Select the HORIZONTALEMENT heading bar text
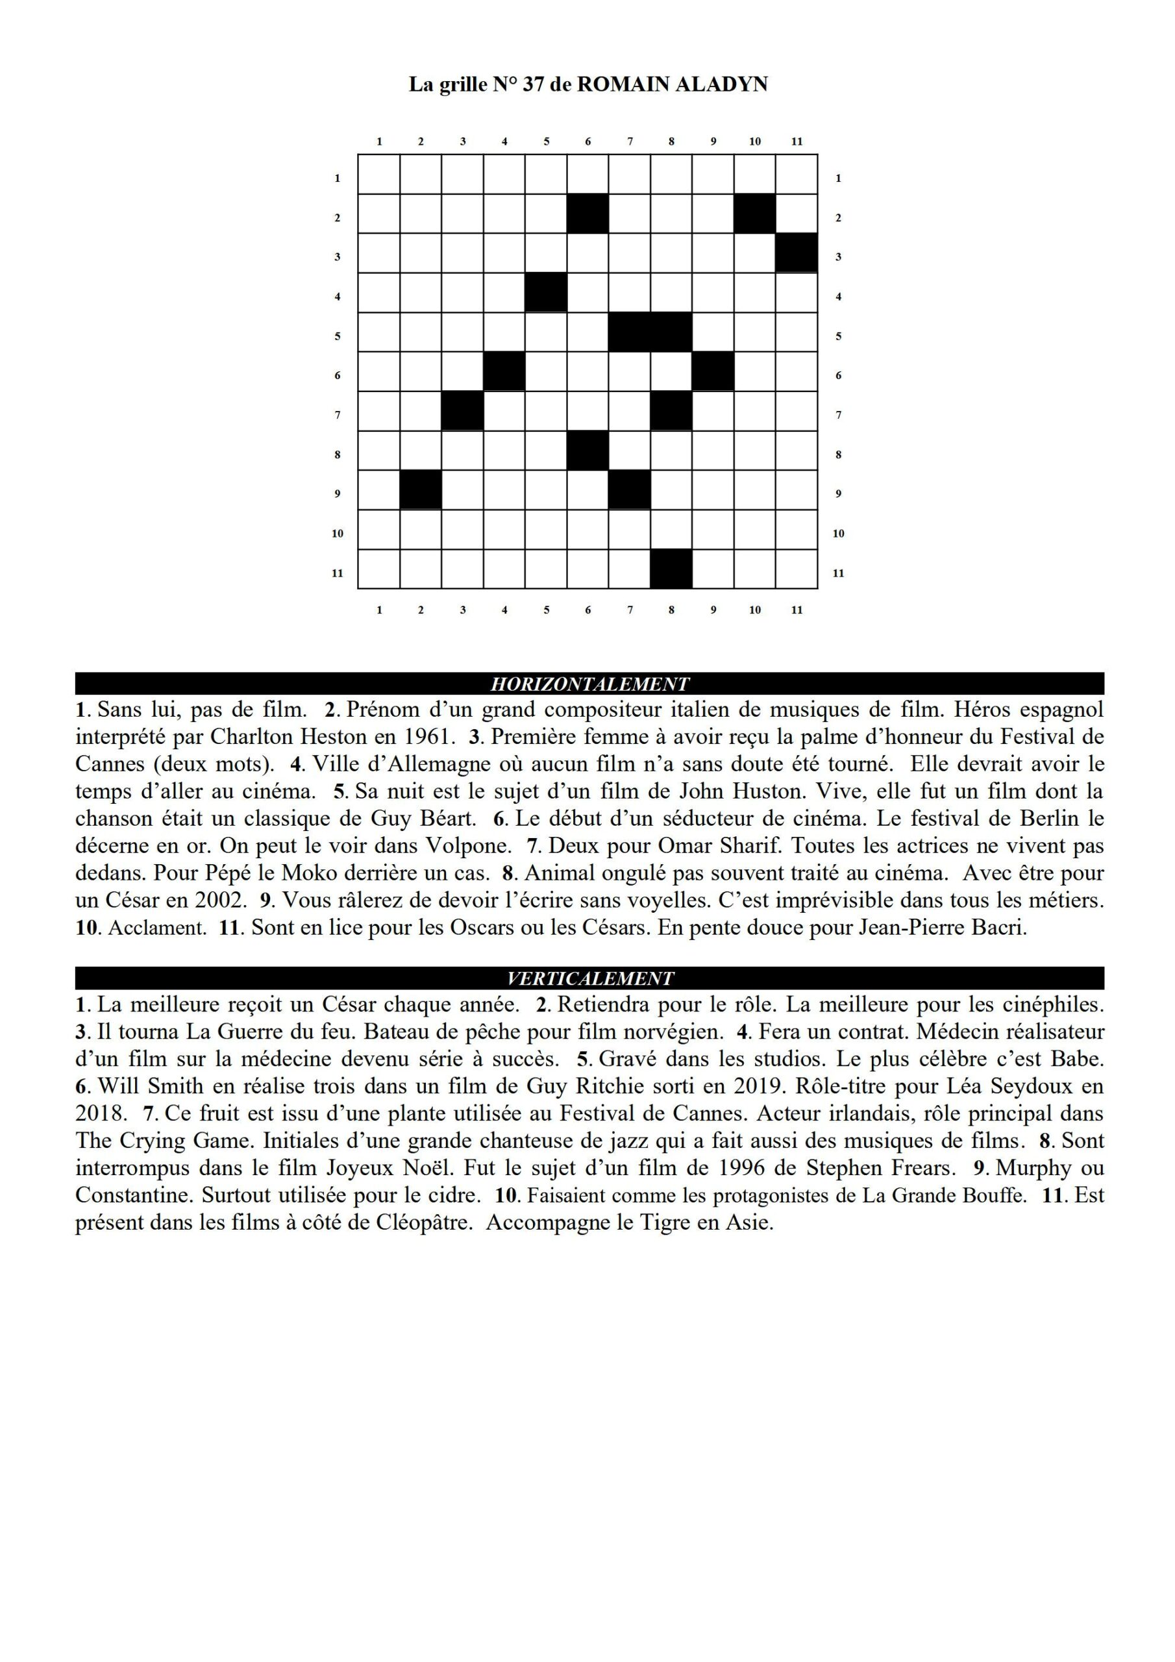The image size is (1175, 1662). point(589,684)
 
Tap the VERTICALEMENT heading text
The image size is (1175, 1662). point(589,978)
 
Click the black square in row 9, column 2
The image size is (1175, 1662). point(421,490)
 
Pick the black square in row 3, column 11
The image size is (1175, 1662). point(797,253)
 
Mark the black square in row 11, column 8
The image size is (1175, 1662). point(671,569)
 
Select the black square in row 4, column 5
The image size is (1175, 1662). point(546,292)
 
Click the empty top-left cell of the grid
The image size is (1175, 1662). point(378,174)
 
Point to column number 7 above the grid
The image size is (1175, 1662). point(630,141)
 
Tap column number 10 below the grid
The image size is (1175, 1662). point(754,610)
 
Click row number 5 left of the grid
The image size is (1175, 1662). point(338,336)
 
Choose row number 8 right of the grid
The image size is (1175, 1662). point(838,454)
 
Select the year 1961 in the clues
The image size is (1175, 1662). point(425,737)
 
